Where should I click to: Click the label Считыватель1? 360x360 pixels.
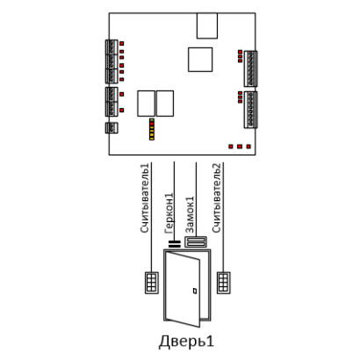[x=146, y=198]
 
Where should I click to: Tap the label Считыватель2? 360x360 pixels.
[x=217, y=198]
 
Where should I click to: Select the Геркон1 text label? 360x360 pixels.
[x=169, y=213]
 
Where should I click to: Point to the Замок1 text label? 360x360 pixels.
[x=190, y=215]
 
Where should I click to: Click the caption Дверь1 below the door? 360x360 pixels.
[x=186, y=342]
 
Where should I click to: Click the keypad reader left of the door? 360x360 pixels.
[x=152, y=283]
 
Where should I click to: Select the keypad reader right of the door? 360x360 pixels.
[x=223, y=283]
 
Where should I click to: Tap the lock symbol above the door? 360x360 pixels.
[x=196, y=242]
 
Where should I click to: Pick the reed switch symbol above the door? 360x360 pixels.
[x=175, y=244]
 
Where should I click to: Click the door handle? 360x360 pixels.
[x=195, y=291]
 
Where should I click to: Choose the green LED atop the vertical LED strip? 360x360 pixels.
[x=152, y=120]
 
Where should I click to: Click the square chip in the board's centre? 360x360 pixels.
[x=200, y=60]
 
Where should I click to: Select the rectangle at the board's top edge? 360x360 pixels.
[x=207, y=25]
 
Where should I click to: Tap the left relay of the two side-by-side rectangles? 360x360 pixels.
[x=147, y=104]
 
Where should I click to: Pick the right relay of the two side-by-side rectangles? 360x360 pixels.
[x=165, y=104]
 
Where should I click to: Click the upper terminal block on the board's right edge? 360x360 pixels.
[x=251, y=68]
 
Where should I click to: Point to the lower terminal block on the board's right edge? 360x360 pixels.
[x=251, y=110]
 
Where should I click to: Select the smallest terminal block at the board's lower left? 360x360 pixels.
[x=112, y=127]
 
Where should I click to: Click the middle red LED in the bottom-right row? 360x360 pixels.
[x=240, y=146]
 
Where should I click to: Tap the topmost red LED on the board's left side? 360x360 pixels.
[x=122, y=43]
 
